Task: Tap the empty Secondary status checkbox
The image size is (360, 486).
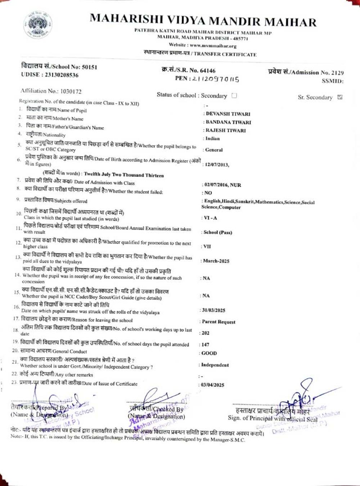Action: click(x=234, y=96)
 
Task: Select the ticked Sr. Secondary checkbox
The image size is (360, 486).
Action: click(x=339, y=97)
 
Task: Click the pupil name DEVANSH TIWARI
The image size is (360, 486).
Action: click(x=228, y=114)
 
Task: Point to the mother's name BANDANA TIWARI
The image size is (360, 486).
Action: click(x=228, y=122)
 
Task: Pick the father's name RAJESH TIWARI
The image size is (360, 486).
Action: click(x=226, y=130)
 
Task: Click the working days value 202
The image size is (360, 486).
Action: click(x=205, y=333)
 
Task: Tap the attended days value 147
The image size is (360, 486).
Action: click(x=205, y=345)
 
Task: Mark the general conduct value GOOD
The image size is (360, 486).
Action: click(x=209, y=353)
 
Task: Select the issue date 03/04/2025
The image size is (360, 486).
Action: click(x=212, y=385)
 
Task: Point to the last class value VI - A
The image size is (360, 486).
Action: click(x=210, y=218)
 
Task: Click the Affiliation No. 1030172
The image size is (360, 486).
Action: click(x=71, y=91)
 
